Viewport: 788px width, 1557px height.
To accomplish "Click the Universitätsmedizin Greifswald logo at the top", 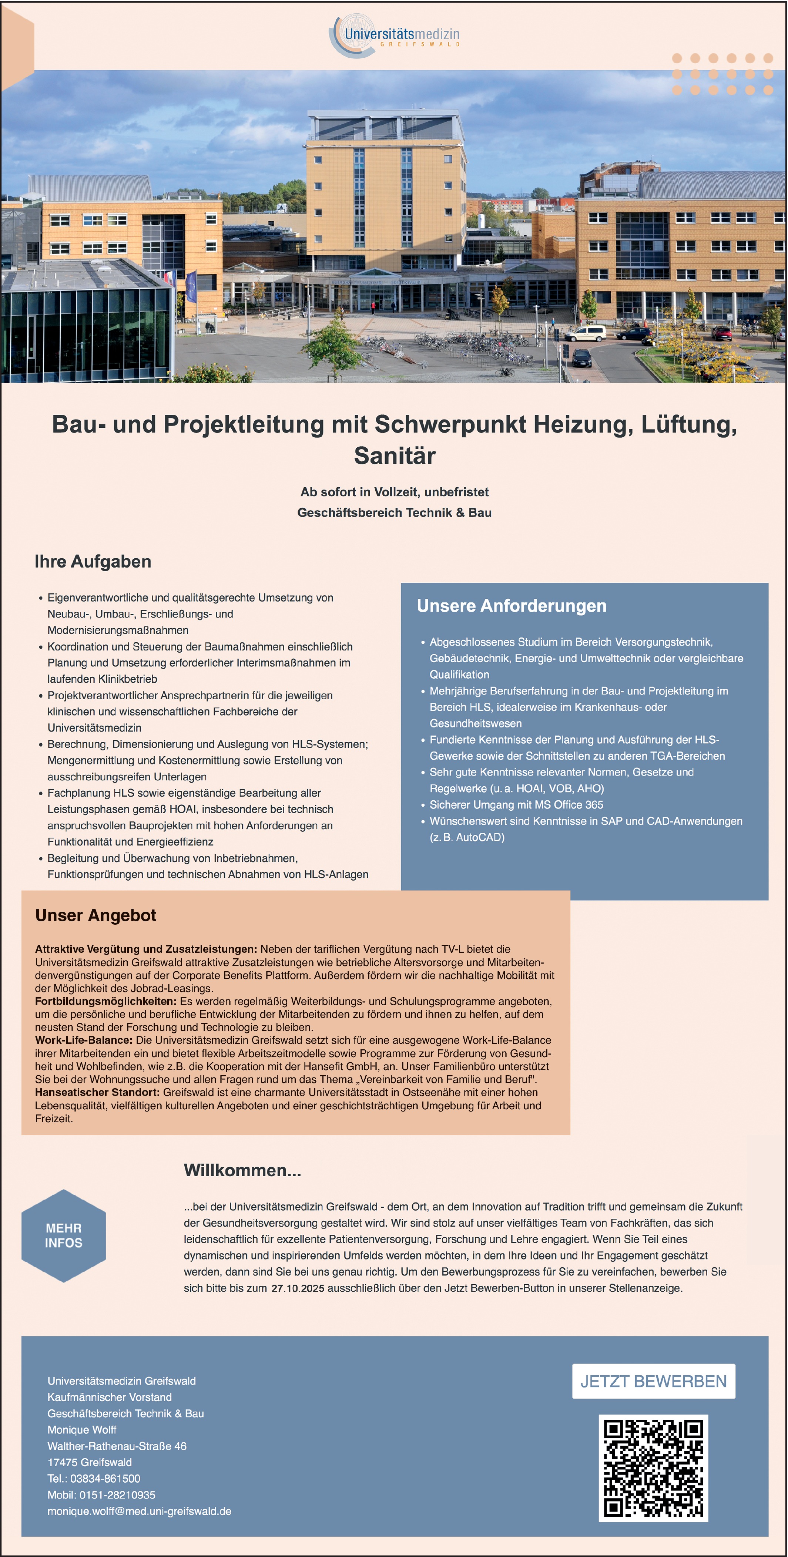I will click(x=394, y=35).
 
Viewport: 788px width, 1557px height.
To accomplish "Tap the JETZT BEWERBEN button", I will click(x=653, y=1381).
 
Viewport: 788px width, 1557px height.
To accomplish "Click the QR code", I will click(x=653, y=1467).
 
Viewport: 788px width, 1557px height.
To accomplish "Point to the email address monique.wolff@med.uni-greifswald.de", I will click(x=139, y=1511).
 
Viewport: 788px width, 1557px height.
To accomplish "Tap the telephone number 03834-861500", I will click(x=105, y=1479).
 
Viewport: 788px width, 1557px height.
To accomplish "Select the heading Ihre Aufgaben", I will click(x=93, y=562).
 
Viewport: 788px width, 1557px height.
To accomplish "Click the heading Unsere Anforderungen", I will click(x=511, y=606).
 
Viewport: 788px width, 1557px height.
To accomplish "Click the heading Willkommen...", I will click(x=242, y=1170).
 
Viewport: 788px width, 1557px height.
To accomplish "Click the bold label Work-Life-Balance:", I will click(x=83, y=1040).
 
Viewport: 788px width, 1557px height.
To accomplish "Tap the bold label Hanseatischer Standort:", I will click(x=97, y=1092).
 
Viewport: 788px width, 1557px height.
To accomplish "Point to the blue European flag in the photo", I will click(x=191, y=285).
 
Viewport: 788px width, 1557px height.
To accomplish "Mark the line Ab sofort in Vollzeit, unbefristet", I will click(x=394, y=492).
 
